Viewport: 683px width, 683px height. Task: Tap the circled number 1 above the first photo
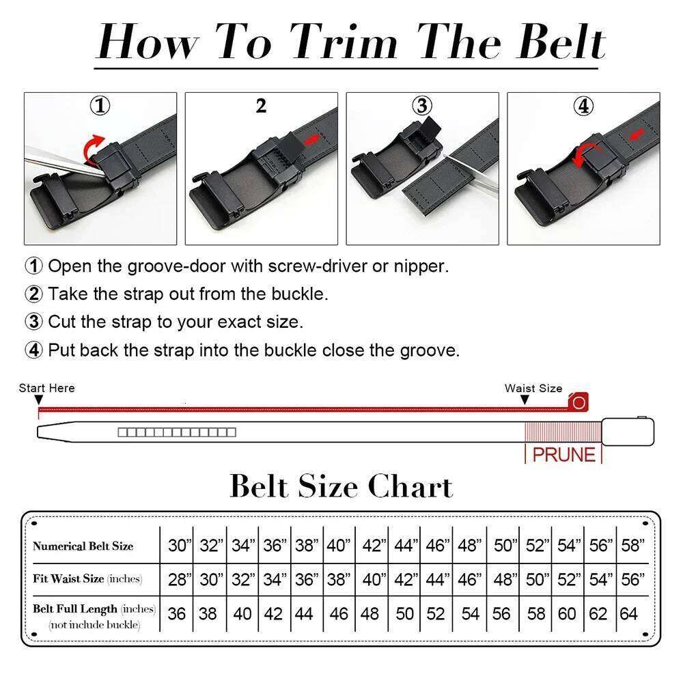point(100,106)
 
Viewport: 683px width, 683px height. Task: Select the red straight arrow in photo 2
point(312,139)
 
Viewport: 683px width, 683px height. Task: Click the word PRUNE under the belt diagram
point(563,455)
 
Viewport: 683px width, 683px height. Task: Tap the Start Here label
point(46,388)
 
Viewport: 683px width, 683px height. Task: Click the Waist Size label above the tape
point(533,388)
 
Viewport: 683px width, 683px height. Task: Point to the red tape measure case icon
point(579,402)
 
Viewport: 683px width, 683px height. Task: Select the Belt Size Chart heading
point(341,486)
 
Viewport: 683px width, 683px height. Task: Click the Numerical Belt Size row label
point(83,546)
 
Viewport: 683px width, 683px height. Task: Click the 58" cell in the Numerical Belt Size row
point(632,546)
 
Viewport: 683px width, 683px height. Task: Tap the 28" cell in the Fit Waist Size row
point(179,580)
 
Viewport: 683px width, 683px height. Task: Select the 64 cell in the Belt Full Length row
point(629,614)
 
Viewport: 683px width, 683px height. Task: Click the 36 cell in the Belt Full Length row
point(177,614)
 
